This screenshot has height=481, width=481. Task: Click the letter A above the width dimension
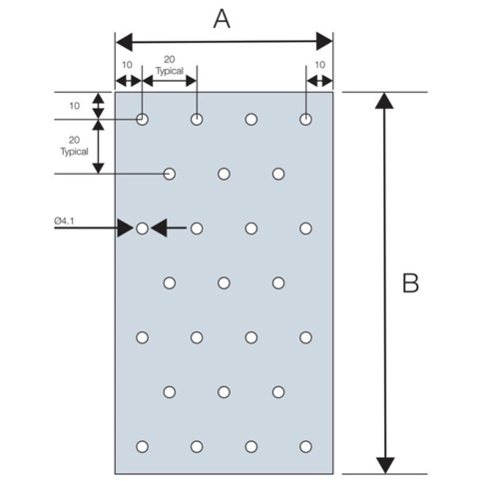[x=222, y=19]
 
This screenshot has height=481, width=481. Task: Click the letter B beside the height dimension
[x=410, y=283]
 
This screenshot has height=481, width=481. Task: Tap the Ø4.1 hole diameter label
[x=64, y=221]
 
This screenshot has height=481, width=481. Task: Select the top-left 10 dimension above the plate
[x=127, y=65]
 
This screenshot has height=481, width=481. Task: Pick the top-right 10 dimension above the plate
[x=319, y=65]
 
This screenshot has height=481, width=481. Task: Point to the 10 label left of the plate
[x=75, y=106]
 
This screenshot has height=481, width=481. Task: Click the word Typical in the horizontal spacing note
[x=170, y=71]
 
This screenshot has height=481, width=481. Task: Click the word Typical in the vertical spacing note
[x=74, y=152]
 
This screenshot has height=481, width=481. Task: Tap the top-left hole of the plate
[x=142, y=119]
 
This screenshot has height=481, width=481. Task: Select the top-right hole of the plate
[x=305, y=119]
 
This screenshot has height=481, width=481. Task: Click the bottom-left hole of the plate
[x=142, y=446]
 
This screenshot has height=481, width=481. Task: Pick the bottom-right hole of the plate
[x=305, y=446]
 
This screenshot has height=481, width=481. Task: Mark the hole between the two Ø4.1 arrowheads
[x=142, y=229]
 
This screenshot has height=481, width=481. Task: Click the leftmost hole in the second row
[x=170, y=174]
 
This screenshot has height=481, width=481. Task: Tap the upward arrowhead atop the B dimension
[x=384, y=101]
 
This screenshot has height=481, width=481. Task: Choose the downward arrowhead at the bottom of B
[x=385, y=465]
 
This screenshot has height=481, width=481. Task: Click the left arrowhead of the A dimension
[x=124, y=42]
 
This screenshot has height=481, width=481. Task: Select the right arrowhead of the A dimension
[x=324, y=41]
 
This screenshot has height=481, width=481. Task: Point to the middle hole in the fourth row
[x=224, y=283]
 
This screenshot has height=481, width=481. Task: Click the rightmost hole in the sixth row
[x=278, y=392]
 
